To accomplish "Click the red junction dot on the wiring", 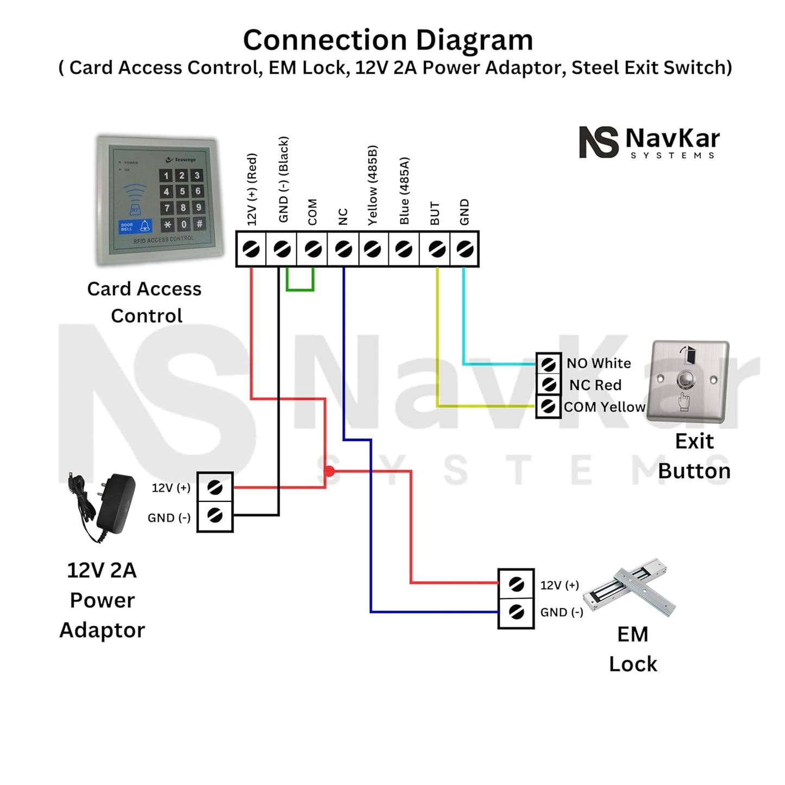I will point(329,471).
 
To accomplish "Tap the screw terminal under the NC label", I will point(343,249).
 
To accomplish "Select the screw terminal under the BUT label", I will point(437,249).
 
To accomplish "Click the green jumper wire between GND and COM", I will point(300,289).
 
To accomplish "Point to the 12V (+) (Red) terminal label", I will point(252,189).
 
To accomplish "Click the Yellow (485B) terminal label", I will point(372,185).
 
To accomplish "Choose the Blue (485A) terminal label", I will point(404,191).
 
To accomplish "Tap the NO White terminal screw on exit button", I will point(549,363).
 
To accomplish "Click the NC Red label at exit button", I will point(595,385).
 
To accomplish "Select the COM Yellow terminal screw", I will point(549,406).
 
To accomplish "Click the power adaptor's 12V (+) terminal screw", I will point(215,488).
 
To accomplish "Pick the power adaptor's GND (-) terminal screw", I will point(215,515).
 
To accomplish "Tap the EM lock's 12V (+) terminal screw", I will point(516,585).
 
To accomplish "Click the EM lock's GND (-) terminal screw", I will point(516,612).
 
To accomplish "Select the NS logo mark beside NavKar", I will point(598,142).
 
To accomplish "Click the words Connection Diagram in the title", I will point(388,40).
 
